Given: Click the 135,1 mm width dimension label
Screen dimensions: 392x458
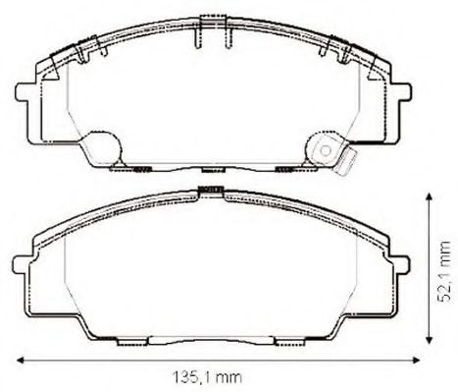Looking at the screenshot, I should click(211, 376).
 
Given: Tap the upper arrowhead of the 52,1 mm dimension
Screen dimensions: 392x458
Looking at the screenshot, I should click(431, 196).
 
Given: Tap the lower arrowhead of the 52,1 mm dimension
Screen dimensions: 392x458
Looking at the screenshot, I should click(431, 346).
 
